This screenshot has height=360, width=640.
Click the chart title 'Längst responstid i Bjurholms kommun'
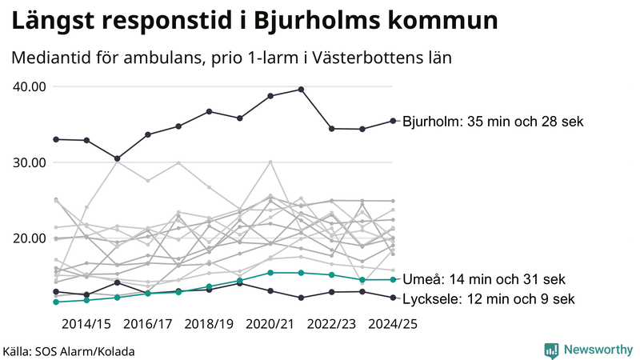tap(254, 21)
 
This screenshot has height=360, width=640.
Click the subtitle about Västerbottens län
tap(232, 58)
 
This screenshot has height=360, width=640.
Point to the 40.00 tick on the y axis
tap(29, 86)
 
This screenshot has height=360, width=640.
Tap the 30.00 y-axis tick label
tap(29, 162)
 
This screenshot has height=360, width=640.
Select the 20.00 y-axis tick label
tap(29, 238)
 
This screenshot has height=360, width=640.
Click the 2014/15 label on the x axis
tap(86, 324)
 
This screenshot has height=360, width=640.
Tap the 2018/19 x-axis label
tap(209, 324)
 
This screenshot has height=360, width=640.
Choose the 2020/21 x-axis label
tap(270, 324)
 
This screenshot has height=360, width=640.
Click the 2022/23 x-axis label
tap(331, 324)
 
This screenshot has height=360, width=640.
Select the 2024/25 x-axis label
tap(392, 324)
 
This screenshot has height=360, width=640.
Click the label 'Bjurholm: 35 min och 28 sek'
tap(494, 122)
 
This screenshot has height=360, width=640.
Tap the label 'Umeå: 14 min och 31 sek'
tap(485, 280)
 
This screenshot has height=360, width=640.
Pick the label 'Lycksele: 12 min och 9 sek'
tap(488, 299)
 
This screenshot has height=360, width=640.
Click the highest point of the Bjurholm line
tap(301, 90)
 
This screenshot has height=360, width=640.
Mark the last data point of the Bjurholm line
tap(393, 121)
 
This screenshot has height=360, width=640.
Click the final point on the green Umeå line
tap(393, 279)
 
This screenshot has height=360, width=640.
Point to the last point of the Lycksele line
tap(393, 298)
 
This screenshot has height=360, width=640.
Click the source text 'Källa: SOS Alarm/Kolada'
tap(69, 351)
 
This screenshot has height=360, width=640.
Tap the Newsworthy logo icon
tap(551, 350)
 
